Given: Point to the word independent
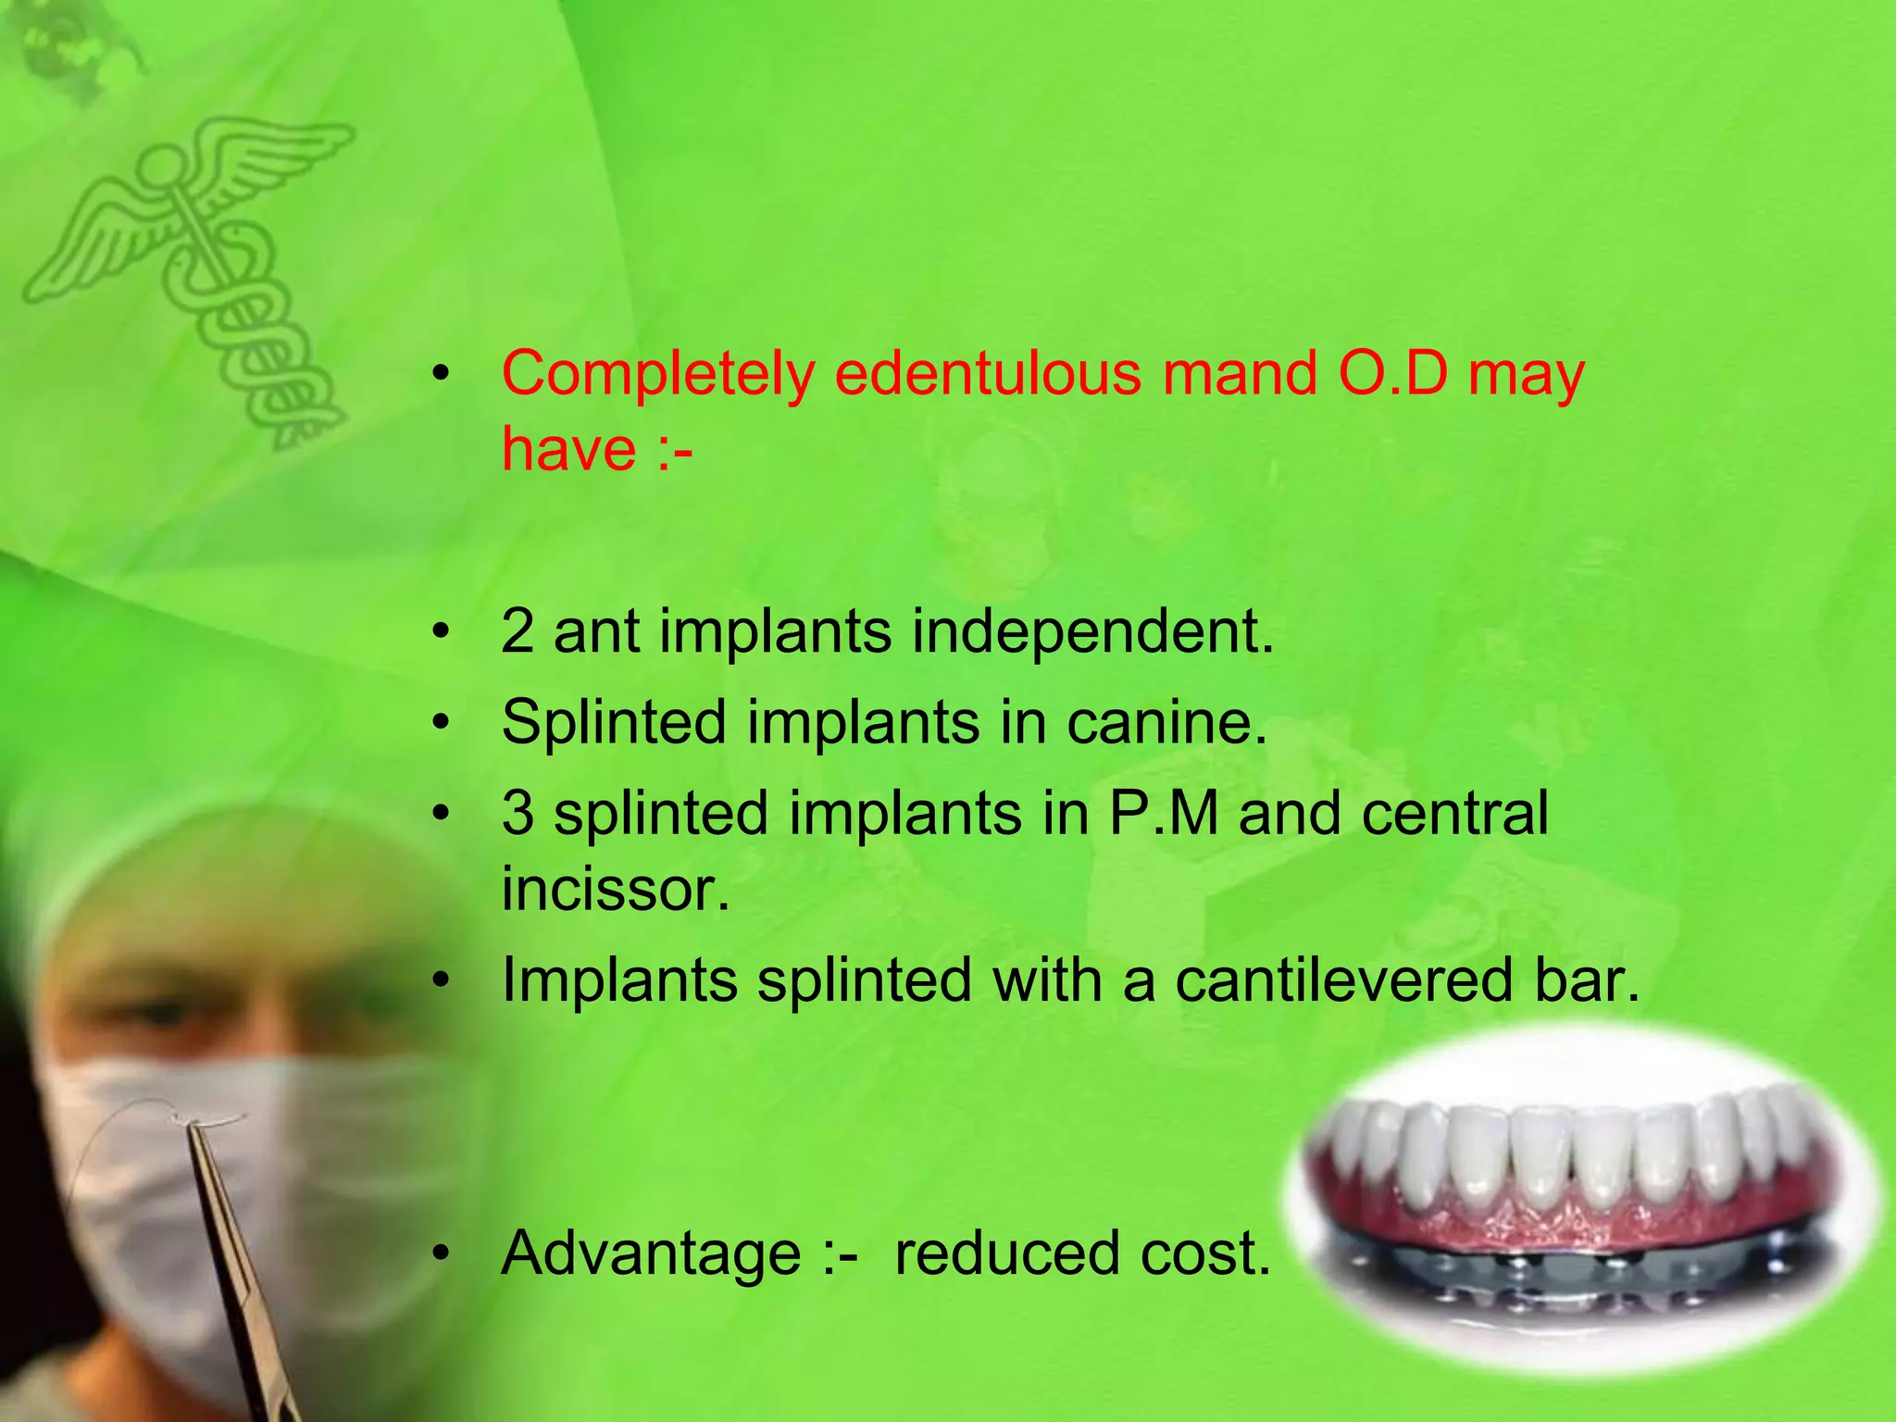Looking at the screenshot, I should pyautogui.click(x=1092, y=633).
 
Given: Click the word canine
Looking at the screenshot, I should pyautogui.click(x=1166, y=722).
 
